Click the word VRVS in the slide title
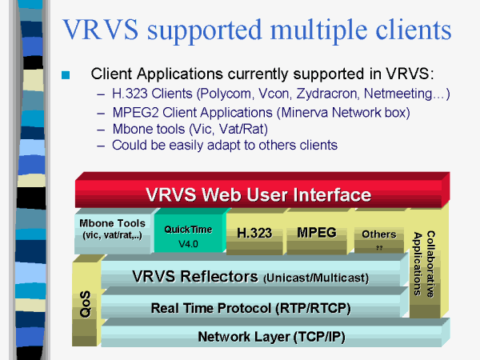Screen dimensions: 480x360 tap(101, 30)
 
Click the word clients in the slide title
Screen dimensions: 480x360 tap(414, 30)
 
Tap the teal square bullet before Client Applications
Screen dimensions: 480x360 tap(66, 75)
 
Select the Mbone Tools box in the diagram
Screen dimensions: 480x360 tap(112, 233)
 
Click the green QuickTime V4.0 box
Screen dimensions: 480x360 tap(189, 233)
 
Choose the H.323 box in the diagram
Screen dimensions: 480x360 tap(254, 234)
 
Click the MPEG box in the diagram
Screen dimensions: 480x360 tap(317, 233)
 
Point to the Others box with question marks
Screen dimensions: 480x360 tap(379, 238)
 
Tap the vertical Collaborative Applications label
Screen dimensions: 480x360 tap(424, 263)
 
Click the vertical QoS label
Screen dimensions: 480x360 tap(85, 304)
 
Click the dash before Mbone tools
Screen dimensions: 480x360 tap(101, 130)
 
